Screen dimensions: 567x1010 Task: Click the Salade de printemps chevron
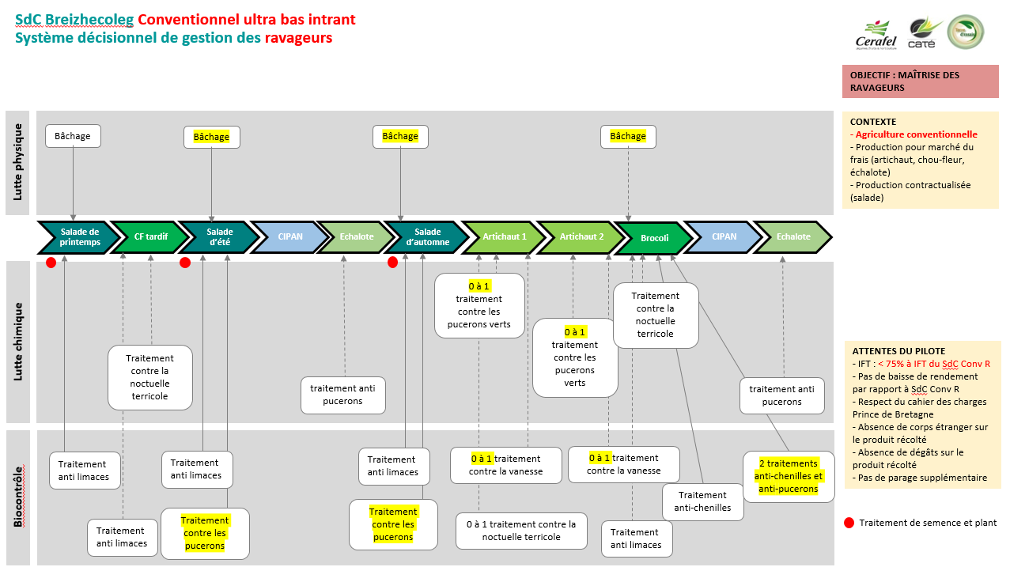pos(79,237)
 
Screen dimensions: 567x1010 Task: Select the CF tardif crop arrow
pos(150,237)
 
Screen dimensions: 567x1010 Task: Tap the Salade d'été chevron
pos(220,237)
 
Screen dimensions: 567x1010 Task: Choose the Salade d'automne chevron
pos(427,237)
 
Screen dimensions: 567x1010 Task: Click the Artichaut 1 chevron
pos(504,237)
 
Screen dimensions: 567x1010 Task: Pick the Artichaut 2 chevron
pos(581,237)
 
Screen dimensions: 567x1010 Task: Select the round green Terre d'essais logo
pos(966,33)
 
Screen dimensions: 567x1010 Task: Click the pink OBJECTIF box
pos(920,81)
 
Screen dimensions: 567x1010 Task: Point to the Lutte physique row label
pos(18,161)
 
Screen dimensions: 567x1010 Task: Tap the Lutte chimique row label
pos(18,341)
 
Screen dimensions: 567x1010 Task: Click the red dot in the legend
pos(849,523)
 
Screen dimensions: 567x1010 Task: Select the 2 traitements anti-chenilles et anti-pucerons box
pos(789,476)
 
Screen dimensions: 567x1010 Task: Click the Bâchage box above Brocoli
pos(628,137)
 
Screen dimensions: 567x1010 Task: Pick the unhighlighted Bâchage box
pos(73,136)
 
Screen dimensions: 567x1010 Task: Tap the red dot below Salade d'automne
pos(392,263)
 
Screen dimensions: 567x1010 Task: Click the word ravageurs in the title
pos(298,37)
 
